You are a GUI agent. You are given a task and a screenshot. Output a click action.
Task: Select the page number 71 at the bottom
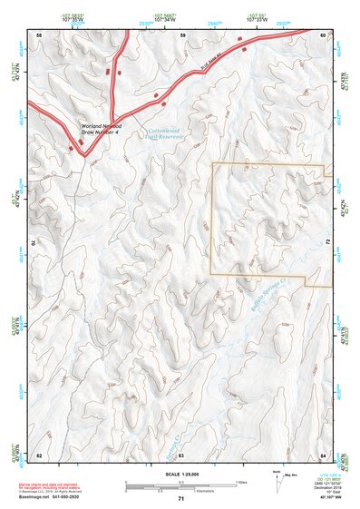[180, 499]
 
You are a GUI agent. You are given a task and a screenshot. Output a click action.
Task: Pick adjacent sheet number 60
[323, 34]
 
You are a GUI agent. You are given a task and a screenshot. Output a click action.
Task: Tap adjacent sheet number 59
[182, 34]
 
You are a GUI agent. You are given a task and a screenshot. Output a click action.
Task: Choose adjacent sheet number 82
[39, 454]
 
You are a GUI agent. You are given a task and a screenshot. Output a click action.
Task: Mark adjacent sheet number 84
[324, 454]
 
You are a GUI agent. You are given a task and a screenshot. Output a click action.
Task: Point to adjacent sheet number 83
[180, 454]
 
